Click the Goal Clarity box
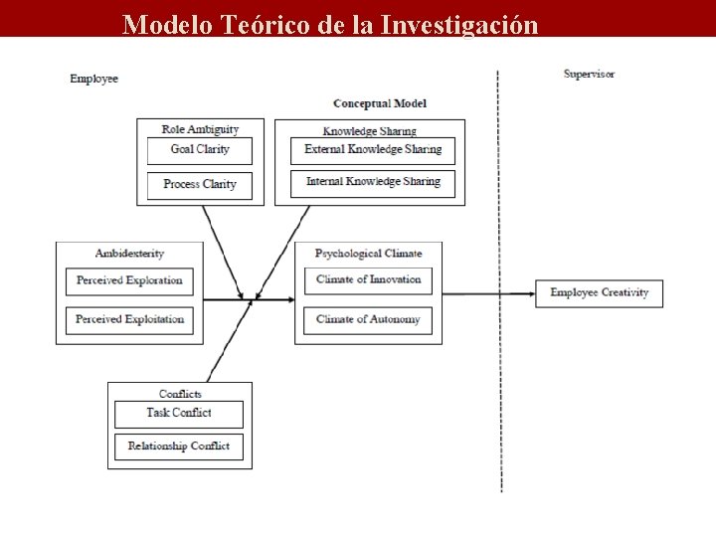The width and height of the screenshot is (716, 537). [199, 150]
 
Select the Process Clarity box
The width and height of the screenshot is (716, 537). [199, 185]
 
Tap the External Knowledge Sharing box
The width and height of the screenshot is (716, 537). [372, 150]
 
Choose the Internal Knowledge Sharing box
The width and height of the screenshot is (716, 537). [372, 183]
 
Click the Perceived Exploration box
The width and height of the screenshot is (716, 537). [129, 281]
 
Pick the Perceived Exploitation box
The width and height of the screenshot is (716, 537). [129, 320]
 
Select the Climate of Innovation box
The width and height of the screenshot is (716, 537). [368, 280]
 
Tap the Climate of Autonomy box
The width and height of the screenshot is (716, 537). [368, 320]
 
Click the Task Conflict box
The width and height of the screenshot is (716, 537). [179, 414]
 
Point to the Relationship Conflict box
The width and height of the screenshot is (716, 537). [179, 447]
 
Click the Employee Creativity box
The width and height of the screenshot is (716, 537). [599, 293]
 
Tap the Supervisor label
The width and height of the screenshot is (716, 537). [589, 75]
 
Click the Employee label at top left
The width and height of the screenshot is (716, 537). [93, 79]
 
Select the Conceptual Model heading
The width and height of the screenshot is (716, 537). [380, 103]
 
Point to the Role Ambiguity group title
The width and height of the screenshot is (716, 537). [200, 129]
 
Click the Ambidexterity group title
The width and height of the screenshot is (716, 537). [129, 255]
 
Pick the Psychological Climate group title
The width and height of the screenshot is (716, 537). [368, 254]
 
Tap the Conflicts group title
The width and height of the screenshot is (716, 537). [180, 394]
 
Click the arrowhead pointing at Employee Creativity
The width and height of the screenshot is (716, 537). [529, 293]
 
